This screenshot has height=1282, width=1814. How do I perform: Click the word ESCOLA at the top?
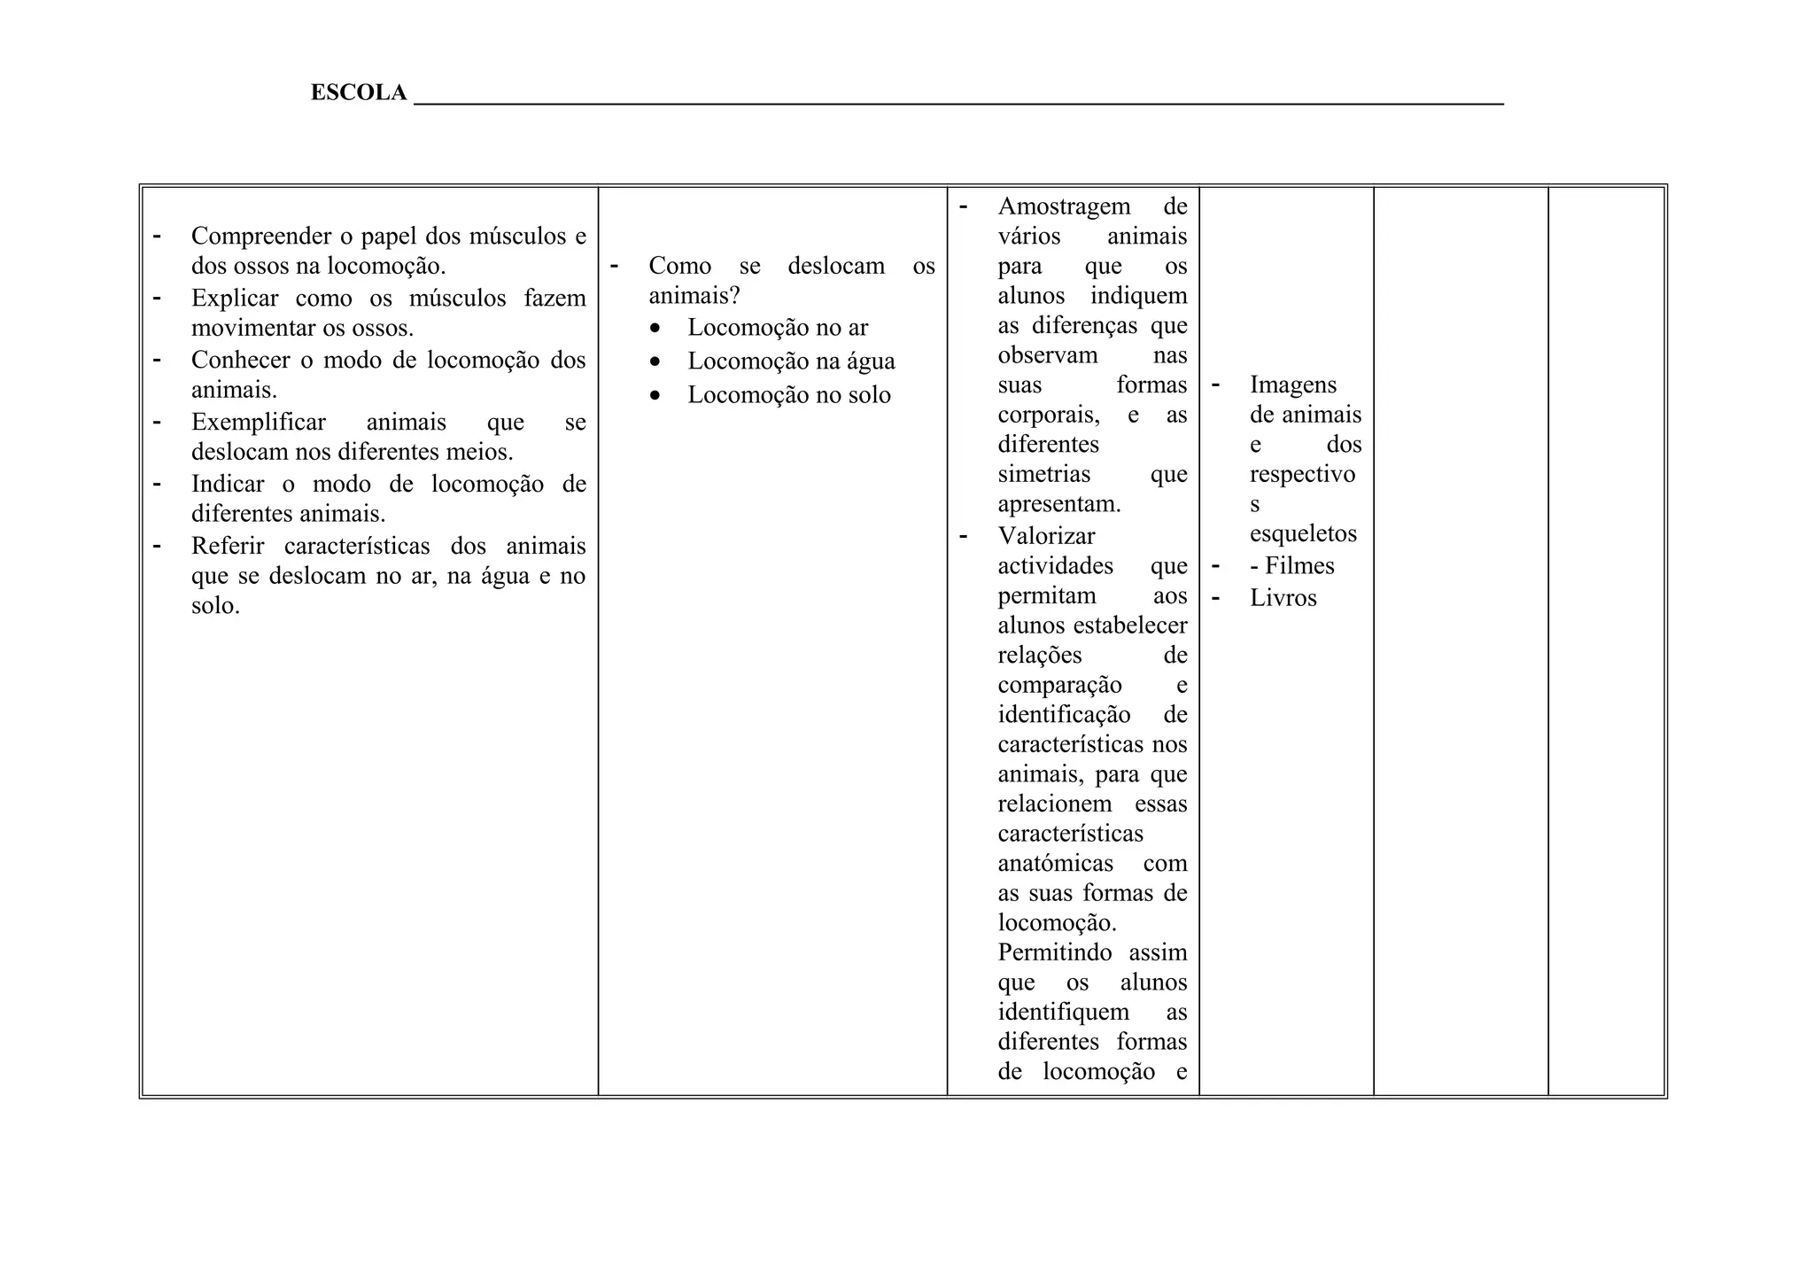(358, 93)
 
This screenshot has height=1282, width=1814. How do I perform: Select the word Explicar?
(235, 299)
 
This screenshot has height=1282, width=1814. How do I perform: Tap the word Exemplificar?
(258, 423)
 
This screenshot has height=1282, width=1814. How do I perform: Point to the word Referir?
(228, 547)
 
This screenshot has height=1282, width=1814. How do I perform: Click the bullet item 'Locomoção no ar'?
(778, 328)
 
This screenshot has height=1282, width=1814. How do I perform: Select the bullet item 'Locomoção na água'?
(791, 361)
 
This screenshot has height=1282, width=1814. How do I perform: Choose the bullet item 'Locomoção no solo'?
(789, 395)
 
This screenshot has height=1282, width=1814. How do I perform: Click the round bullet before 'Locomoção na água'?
(655, 362)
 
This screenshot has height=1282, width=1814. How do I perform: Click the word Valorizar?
(1046, 536)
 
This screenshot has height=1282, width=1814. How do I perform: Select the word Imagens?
(1293, 385)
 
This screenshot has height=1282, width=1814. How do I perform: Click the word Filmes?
(1299, 566)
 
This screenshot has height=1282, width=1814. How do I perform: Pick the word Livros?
(1283, 598)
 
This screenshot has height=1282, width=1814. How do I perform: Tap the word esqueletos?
(1303, 533)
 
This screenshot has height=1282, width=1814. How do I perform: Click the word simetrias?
(1044, 474)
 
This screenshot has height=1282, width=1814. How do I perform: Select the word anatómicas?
(1056, 864)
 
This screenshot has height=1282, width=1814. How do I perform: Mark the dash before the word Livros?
(1216, 597)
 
